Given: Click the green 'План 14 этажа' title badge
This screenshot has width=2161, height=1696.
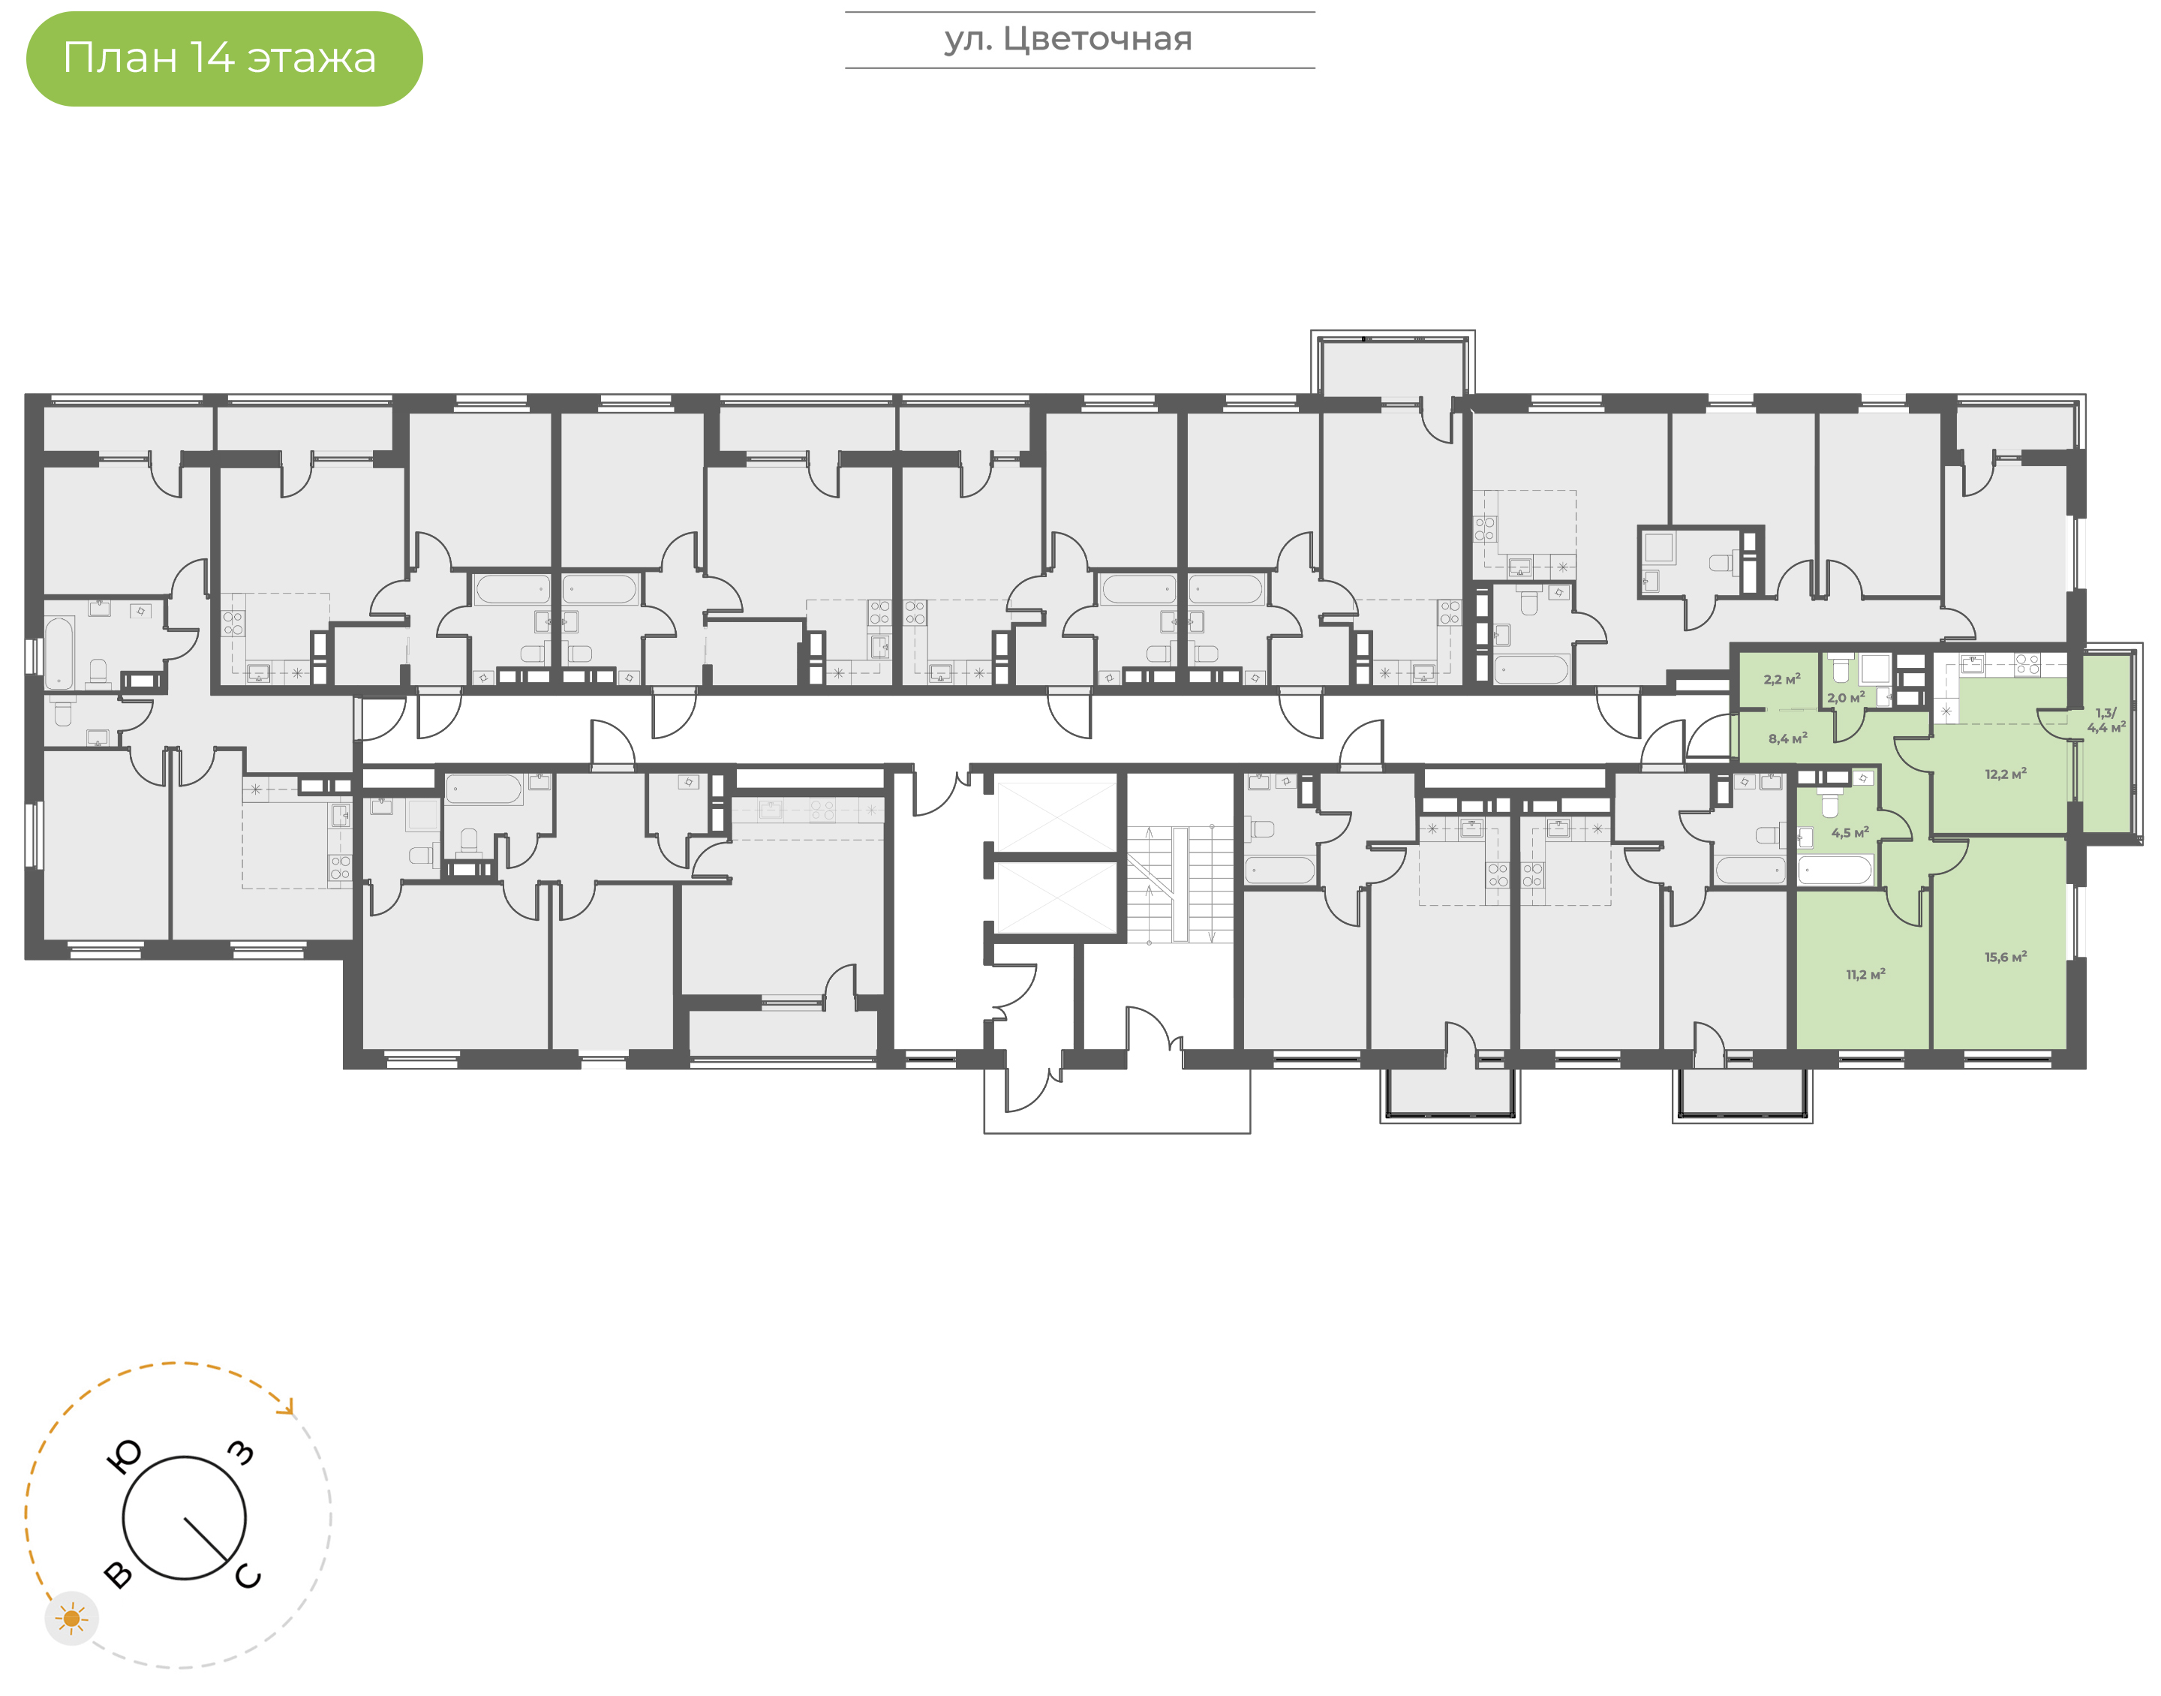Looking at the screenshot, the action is [224, 59].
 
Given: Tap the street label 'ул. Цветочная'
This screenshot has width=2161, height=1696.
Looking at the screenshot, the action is [1068, 40].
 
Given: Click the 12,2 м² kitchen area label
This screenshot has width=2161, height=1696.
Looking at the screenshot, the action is [2005, 774].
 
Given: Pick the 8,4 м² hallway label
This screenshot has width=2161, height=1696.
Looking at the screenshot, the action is [1787, 738].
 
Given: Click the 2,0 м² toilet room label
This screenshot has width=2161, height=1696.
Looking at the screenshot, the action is [1845, 697].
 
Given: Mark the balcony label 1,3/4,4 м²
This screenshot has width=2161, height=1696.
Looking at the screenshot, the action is [2106, 720].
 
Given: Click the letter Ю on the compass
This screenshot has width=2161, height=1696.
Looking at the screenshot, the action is [124, 1457].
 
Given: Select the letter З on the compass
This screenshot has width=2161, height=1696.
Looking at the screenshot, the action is [241, 1453].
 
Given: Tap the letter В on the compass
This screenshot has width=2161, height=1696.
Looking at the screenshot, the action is [118, 1574].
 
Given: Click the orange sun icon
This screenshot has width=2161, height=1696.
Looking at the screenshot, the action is [71, 1619].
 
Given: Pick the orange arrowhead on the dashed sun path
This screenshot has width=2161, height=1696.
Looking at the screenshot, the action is [288, 1407].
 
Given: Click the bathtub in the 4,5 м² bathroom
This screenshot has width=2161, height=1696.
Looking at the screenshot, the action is [1835, 871].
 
